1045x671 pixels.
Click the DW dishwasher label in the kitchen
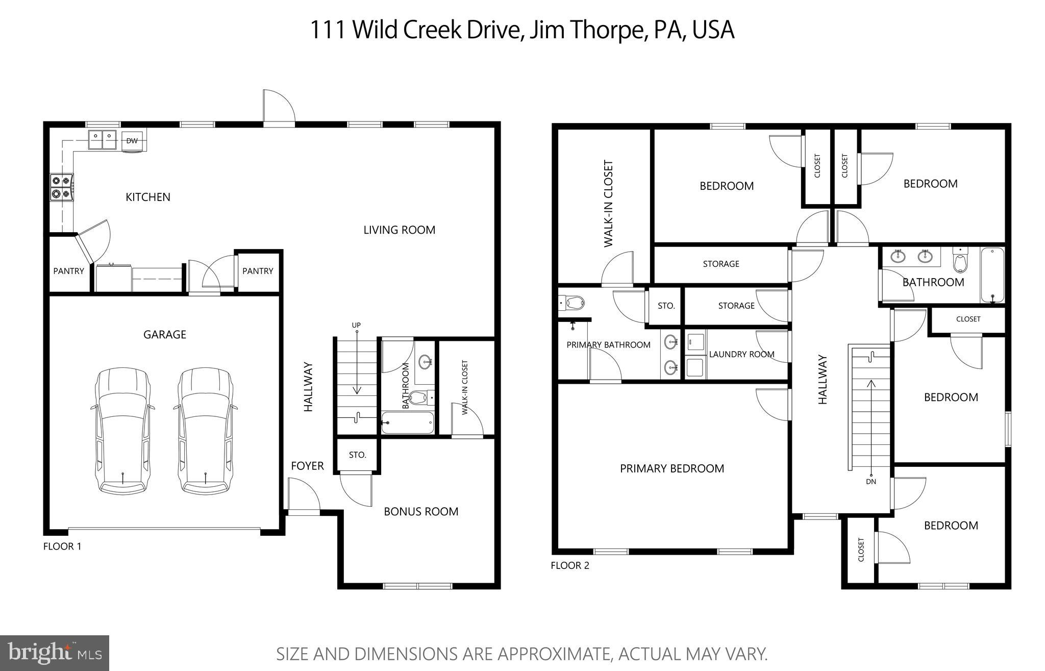pos(132,141)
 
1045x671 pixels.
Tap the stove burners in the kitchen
pos(61,187)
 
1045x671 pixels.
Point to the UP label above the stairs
pos(356,325)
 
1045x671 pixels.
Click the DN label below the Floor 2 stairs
pos(871,481)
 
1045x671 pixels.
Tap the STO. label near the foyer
pos(358,455)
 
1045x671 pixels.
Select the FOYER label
pos(307,466)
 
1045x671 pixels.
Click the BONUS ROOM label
pos(421,511)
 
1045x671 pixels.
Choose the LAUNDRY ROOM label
pos(741,354)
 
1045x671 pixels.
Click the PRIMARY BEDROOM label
pos(671,468)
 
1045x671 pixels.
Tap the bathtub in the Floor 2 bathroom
pos(992,276)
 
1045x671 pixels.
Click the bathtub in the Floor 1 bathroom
pos(408,423)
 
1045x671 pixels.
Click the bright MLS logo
pos(55,653)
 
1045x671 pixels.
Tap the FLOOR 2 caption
pos(570,565)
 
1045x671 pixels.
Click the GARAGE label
pos(164,334)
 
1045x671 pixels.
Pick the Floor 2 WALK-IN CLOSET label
pos(608,204)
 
